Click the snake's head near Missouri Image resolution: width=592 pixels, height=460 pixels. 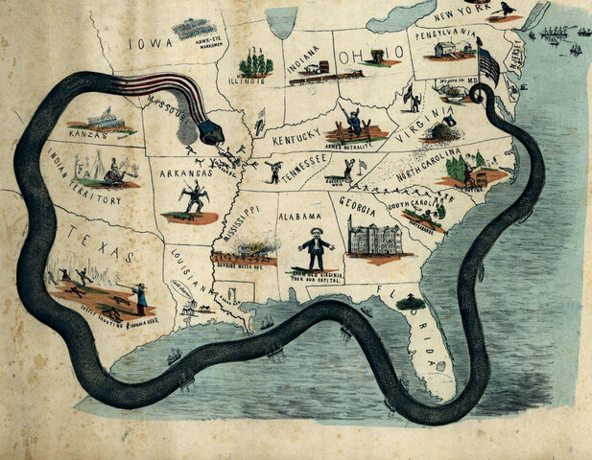point(212,129)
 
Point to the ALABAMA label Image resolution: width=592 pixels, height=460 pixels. point(299,218)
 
